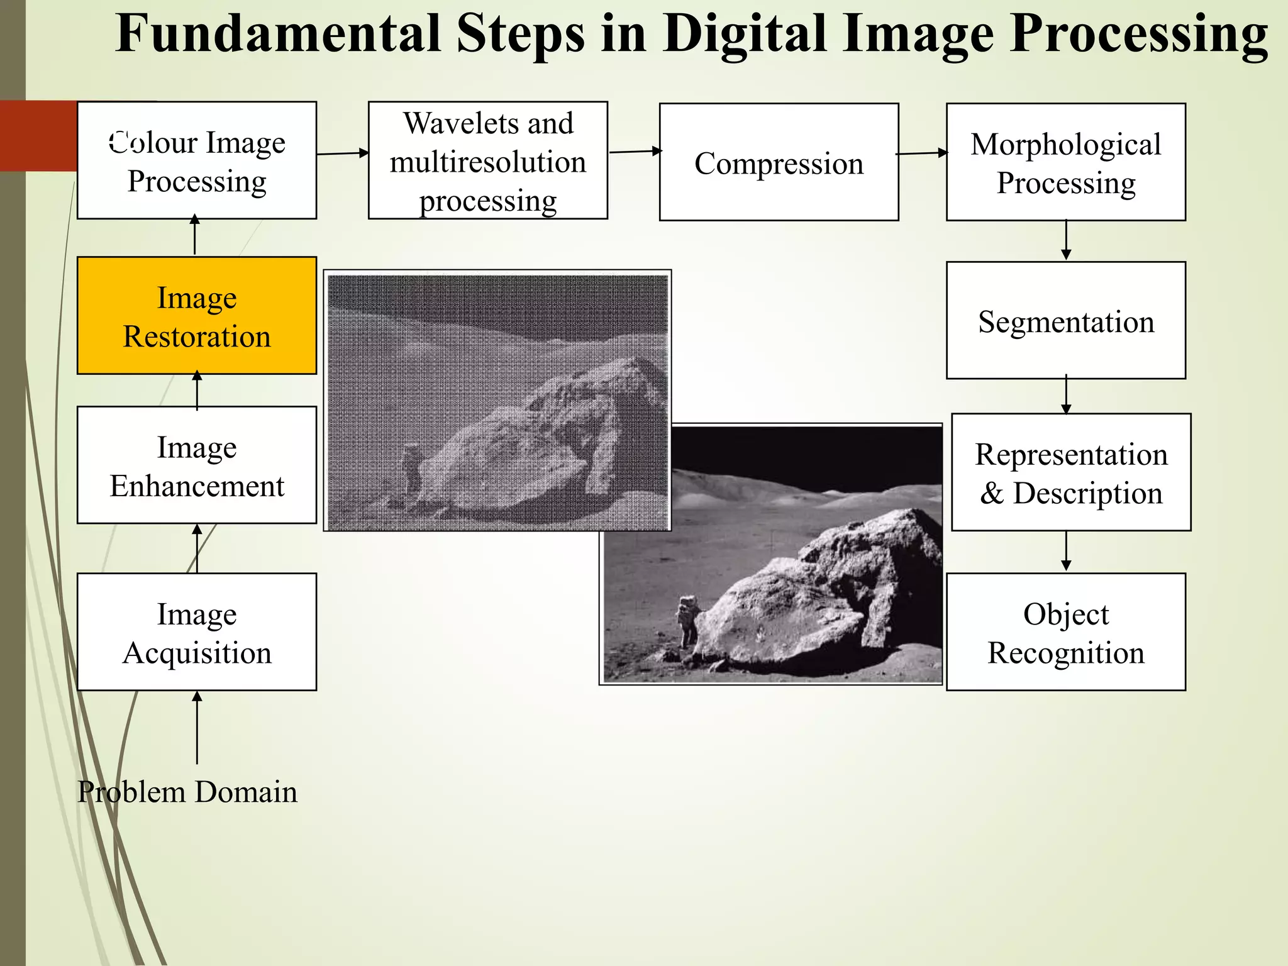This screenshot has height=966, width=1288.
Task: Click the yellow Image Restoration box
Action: [197, 316]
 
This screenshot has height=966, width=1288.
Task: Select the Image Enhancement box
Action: [197, 465]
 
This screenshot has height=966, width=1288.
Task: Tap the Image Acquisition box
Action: [197, 632]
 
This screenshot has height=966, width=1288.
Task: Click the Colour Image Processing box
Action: [197, 161]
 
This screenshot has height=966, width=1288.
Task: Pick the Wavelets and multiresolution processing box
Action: [487, 161]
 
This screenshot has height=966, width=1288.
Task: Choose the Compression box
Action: [779, 162]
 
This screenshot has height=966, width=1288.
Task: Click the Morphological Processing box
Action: [1065, 162]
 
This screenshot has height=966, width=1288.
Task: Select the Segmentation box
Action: [1065, 321]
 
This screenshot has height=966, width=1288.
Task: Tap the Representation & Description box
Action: [1070, 472]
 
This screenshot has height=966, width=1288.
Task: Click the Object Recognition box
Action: [1065, 632]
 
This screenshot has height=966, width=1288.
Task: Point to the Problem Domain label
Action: [187, 792]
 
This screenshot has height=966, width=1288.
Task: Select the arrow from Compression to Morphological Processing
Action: [922, 153]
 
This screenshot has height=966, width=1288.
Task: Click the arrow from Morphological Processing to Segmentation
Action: [1066, 240]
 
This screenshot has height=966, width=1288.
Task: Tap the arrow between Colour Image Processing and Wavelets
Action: [343, 153]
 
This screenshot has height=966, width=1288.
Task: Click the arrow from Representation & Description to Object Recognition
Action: [1066, 552]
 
